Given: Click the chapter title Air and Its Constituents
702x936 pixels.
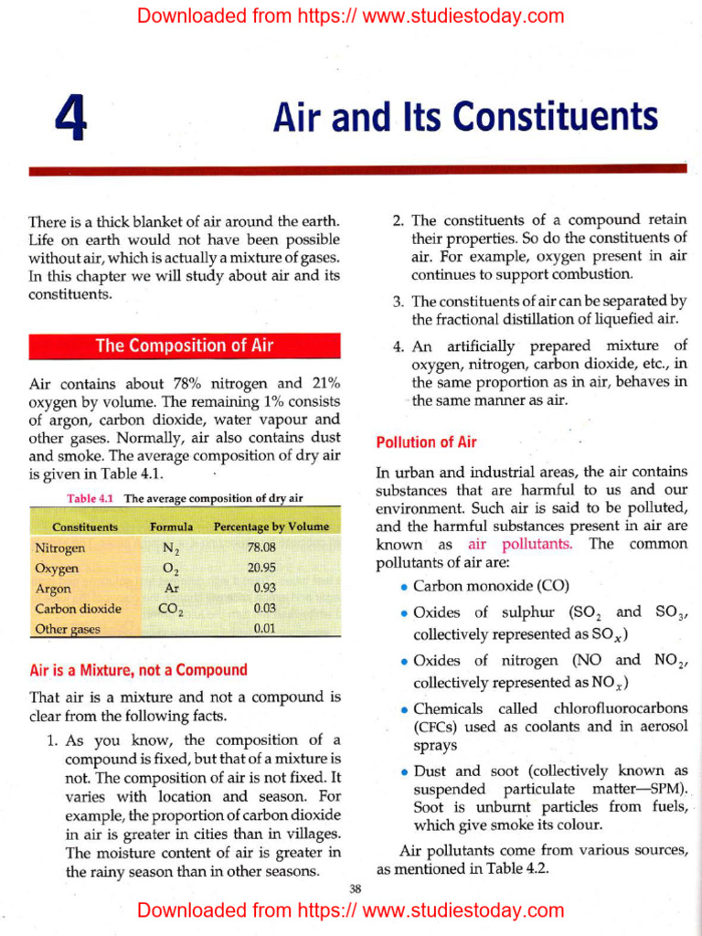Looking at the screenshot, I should pyautogui.click(x=465, y=118).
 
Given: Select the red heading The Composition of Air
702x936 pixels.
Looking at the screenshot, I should pyautogui.click(x=185, y=346).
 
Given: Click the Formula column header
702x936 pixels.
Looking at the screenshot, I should pyautogui.click(x=171, y=527).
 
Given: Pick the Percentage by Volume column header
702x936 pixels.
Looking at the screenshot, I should pyautogui.click(x=271, y=527).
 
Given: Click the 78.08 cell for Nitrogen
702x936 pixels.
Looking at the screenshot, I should pyautogui.click(x=261, y=548).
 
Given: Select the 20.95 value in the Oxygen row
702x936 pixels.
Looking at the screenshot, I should pyautogui.click(x=261, y=569).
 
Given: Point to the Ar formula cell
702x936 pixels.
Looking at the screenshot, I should pyautogui.click(x=171, y=589).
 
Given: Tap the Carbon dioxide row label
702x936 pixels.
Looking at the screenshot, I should pyautogui.click(x=78, y=609).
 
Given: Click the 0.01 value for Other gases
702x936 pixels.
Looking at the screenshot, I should pyautogui.click(x=264, y=629).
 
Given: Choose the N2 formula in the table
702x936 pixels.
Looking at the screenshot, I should pyautogui.click(x=171, y=549).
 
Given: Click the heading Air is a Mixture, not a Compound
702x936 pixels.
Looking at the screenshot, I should pyautogui.click(x=138, y=670).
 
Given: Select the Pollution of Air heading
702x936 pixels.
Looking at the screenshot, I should pyautogui.click(x=426, y=442).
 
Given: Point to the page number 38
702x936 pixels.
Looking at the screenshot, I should pyautogui.click(x=356, y=888).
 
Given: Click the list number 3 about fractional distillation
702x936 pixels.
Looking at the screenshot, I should pyautogui.click(x=398, y=301).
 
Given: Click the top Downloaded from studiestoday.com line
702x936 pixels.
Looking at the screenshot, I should pyautogui.click(x=351, y=16).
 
